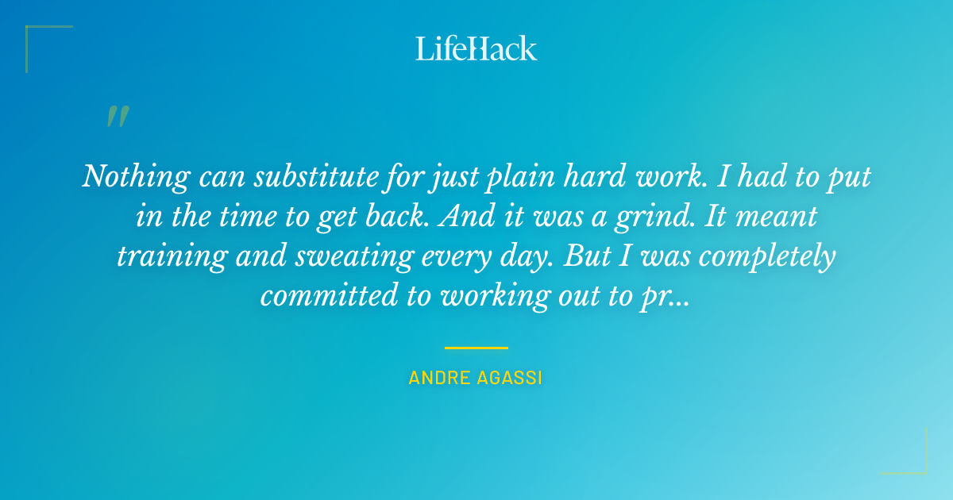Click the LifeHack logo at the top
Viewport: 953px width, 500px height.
476,48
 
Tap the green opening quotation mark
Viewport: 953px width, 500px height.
118,117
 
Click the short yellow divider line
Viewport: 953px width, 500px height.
476,348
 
